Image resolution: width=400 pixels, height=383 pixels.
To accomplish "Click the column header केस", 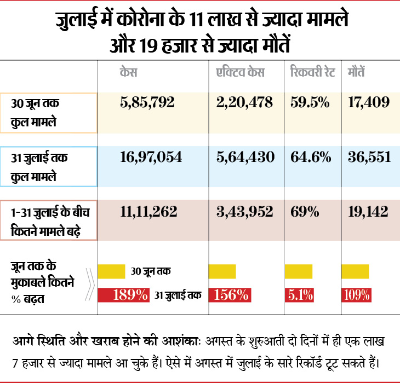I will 129,72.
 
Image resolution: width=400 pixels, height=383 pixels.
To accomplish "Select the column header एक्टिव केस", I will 241,72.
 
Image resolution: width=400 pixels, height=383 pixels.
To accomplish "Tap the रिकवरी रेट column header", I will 311,72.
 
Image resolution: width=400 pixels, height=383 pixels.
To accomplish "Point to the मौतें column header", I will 357,72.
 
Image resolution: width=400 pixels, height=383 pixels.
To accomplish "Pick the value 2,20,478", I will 245,102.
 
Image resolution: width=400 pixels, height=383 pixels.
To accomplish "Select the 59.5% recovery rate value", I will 310,102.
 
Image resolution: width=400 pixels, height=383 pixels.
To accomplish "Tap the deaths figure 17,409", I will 369,102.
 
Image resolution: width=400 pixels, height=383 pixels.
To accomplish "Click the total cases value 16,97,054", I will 151,158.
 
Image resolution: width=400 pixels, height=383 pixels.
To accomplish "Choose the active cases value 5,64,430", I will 245,158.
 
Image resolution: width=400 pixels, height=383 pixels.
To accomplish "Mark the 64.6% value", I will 310,158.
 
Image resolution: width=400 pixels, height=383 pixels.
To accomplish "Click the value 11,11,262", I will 151,213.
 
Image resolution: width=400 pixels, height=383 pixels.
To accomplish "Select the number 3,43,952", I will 245,213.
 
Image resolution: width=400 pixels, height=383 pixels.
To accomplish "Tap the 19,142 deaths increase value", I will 368,213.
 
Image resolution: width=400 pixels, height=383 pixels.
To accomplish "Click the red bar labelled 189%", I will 123,295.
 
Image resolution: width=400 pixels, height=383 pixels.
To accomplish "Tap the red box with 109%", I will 356,295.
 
